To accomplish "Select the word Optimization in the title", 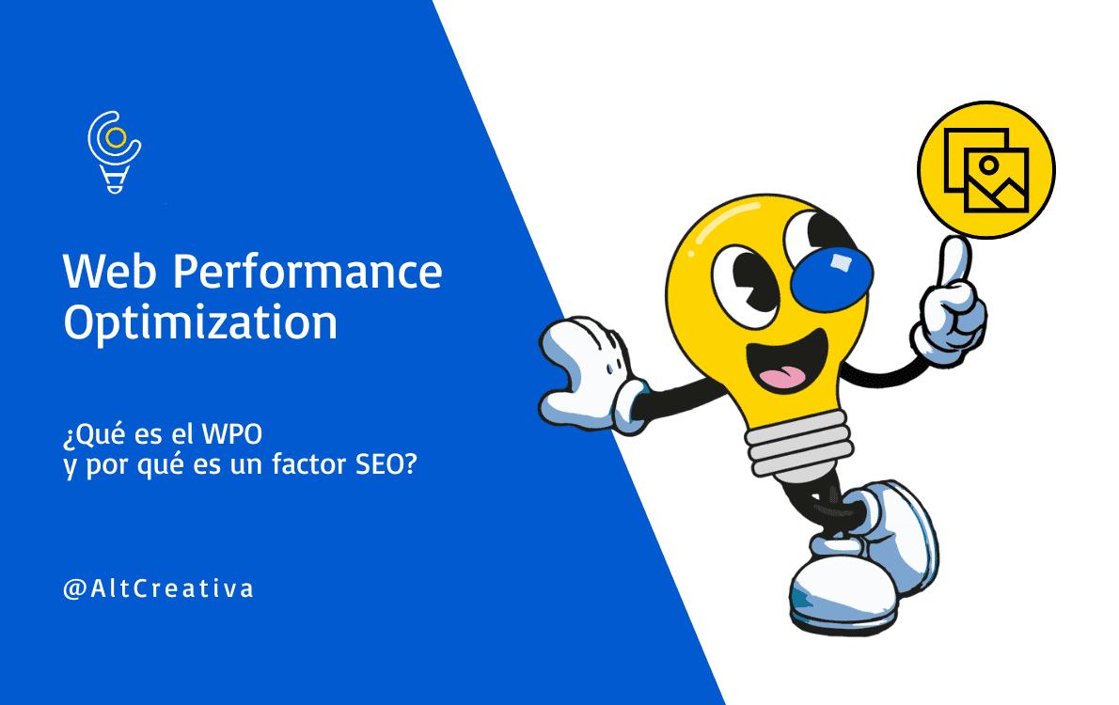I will point(199,323).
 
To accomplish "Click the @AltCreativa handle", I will point(158,589).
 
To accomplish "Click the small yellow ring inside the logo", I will point(116,138).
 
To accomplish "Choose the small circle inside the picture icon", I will point(987,164).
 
